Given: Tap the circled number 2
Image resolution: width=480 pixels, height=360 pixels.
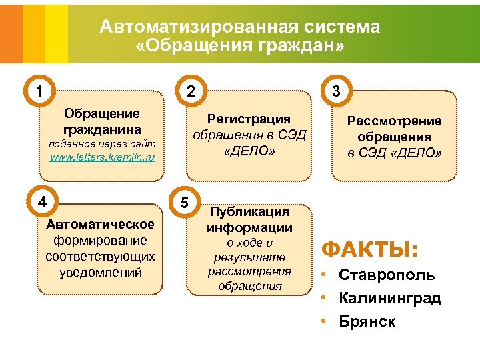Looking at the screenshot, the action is click(190, 91).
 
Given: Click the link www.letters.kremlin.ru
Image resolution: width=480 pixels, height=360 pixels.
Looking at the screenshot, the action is click(102, 157).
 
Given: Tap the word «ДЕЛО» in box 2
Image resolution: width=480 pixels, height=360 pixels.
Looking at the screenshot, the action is click(249, 151).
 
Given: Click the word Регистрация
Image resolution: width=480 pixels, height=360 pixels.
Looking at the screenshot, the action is click(249, 119).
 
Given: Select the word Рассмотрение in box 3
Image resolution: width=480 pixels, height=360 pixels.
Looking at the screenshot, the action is click(394, 121).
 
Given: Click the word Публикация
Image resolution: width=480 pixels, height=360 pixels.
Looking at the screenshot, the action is click(249, 211).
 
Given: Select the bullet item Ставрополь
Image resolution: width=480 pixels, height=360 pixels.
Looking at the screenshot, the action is click(387, 275).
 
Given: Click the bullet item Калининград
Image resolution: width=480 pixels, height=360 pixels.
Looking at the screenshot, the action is click(390, 298).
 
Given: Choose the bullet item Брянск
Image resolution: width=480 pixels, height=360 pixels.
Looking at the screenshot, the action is click(367, 321).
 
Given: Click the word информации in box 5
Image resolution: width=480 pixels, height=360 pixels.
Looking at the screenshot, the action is click(249, 227).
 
